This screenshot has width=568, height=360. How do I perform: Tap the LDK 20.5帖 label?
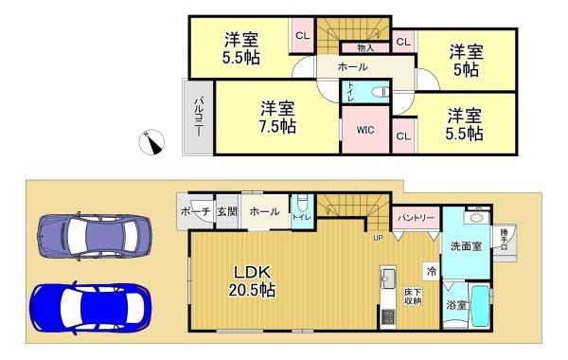(x=250, y=281)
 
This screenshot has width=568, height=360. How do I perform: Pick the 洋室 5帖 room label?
(x=465, y=59)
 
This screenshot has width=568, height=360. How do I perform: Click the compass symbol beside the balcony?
(x=150, y=142)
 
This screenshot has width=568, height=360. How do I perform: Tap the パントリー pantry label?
(x=417, y=218)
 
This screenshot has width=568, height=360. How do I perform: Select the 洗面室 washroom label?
(x=466, y=246)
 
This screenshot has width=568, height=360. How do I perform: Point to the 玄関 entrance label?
(x=226, y=212)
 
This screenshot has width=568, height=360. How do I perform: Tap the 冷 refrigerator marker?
(x=431, y=271)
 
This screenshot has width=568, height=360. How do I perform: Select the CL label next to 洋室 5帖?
(x=402, y=42)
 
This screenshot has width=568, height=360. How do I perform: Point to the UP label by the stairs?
(x=378, y=237)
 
